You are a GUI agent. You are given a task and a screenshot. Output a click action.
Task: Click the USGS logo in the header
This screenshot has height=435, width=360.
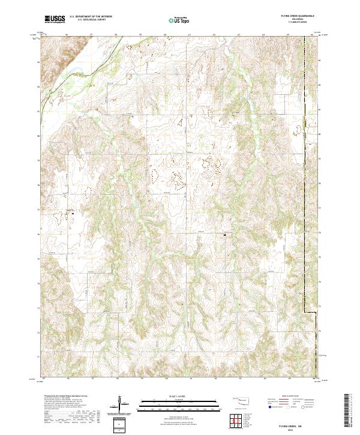[x=55, y=19]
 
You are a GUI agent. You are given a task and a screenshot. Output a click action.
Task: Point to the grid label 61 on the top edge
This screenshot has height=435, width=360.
[x=190, y=35]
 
